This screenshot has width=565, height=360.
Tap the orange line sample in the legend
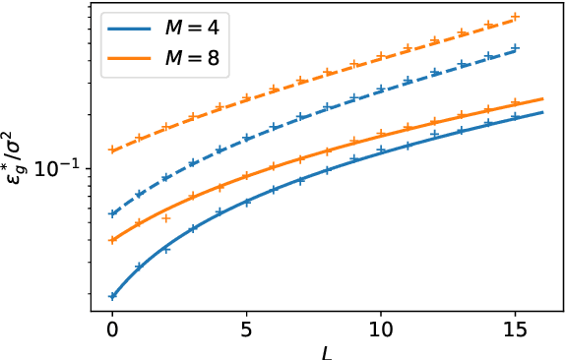click(129, 61)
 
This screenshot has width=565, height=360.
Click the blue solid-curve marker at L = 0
click(112, 296)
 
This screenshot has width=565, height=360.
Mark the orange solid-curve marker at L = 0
click(112, 240)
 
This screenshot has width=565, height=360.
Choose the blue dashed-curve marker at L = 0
click(112, 213)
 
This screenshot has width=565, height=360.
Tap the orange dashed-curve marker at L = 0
click(112, 150)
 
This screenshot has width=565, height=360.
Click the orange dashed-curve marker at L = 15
click(516, 18)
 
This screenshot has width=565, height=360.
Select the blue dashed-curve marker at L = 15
click(516, 47)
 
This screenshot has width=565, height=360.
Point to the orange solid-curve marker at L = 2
click(166, 218)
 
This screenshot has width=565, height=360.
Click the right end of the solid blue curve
click(542, 112)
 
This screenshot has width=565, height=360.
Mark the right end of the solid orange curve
click(542, 98)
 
